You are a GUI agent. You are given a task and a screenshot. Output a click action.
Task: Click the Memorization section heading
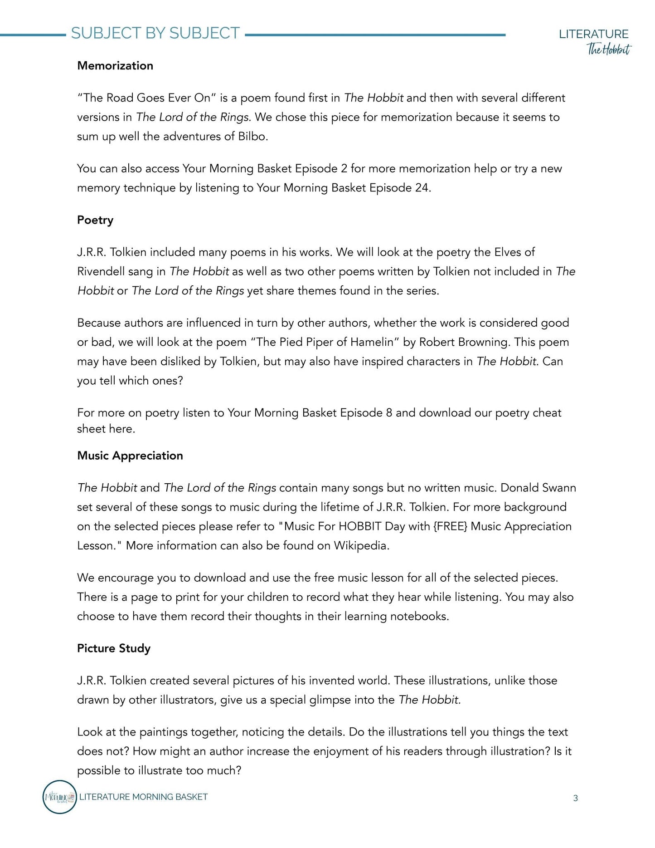point(115,66)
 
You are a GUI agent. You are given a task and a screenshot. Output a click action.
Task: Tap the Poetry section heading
point(95,220)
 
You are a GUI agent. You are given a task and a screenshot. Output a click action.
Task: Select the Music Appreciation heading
point(130,456)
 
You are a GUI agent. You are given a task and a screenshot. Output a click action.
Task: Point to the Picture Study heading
point(114,648)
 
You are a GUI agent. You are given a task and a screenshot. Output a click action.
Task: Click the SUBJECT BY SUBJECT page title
point(155,33)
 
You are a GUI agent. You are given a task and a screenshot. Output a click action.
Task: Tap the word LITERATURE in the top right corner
point(593,34)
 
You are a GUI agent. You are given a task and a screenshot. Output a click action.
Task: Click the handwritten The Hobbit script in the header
point(609,49)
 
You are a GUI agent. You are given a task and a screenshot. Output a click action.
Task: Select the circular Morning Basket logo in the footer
point(59,797)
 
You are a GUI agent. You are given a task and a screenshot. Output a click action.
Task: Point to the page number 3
point(575,798)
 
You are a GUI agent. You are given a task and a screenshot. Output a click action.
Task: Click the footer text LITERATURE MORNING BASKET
point(143,797)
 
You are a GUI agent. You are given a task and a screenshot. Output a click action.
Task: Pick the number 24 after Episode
point(422,188)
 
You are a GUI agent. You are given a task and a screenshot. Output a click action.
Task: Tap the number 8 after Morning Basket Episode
point(389,413)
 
